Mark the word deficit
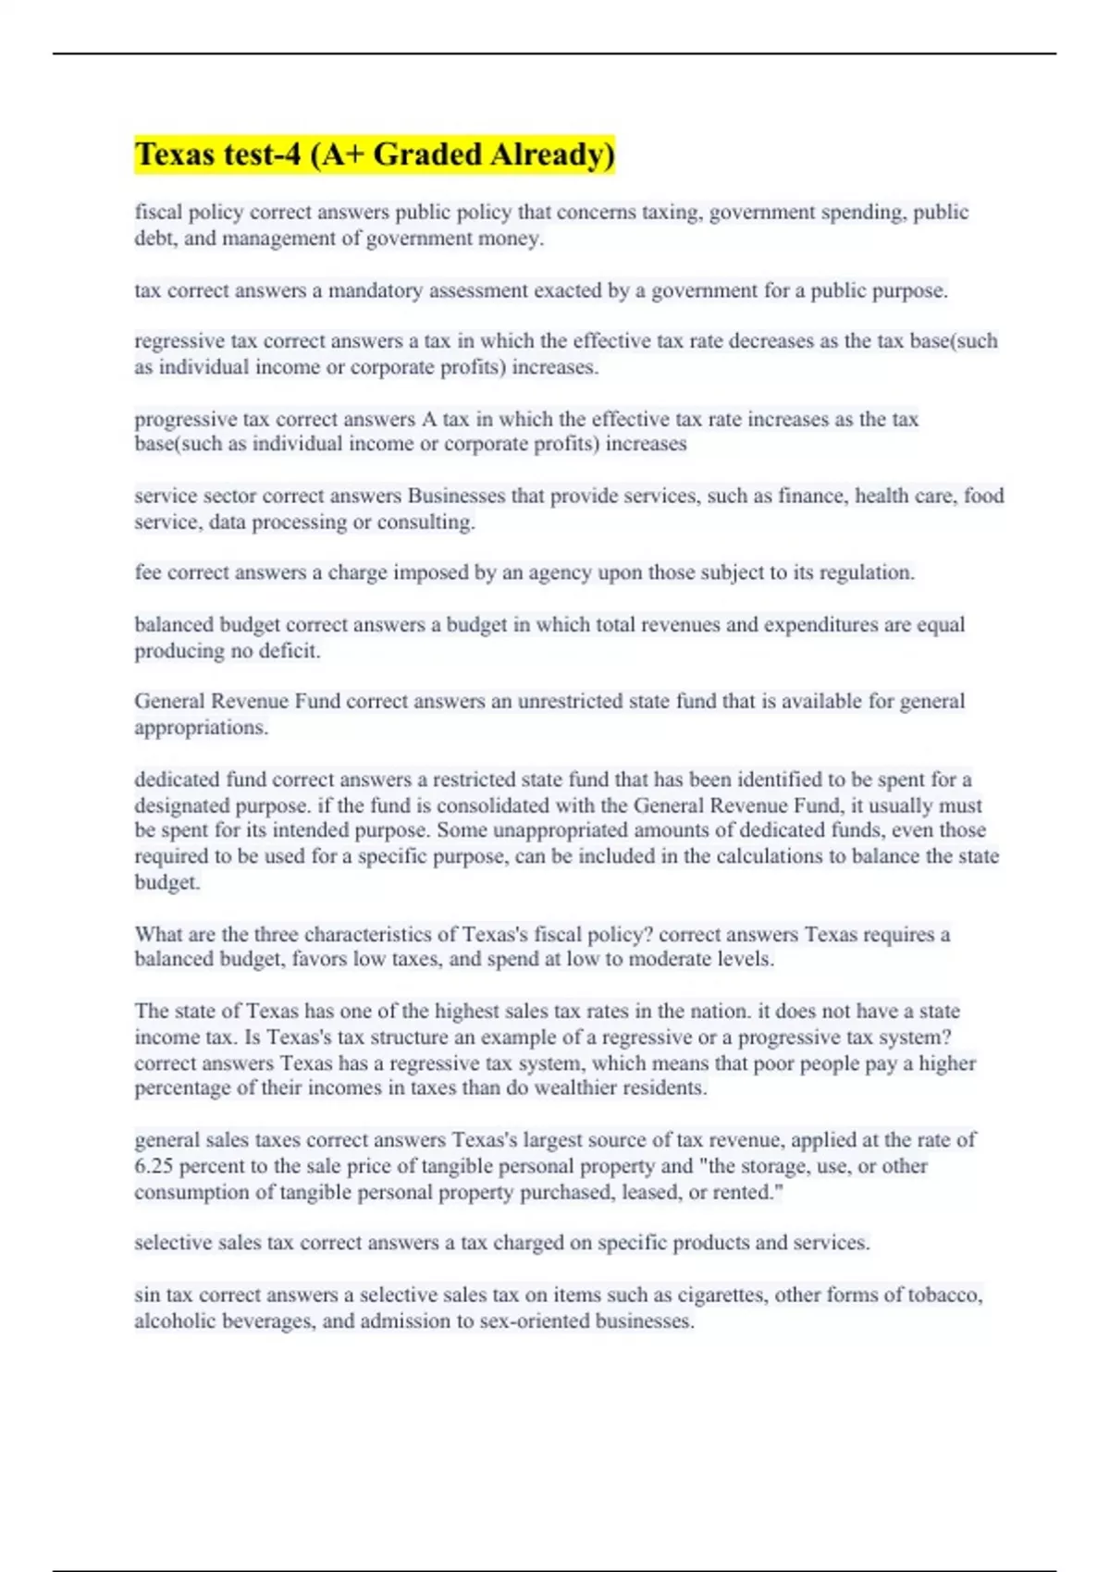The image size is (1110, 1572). click(x=290, y=651)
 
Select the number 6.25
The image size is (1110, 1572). click(x=154, y=1166)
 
